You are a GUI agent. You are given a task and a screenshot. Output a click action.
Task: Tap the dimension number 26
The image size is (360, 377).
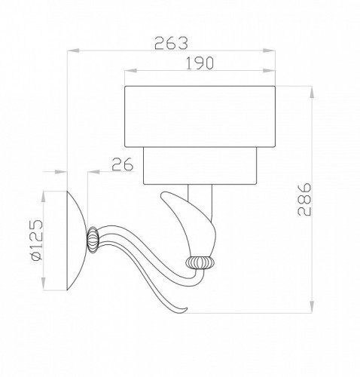pyautogui.click(x=123, y=163)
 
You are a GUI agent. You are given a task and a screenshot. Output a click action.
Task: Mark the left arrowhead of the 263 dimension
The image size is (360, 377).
pyautogui.click(x=70, y=51)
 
